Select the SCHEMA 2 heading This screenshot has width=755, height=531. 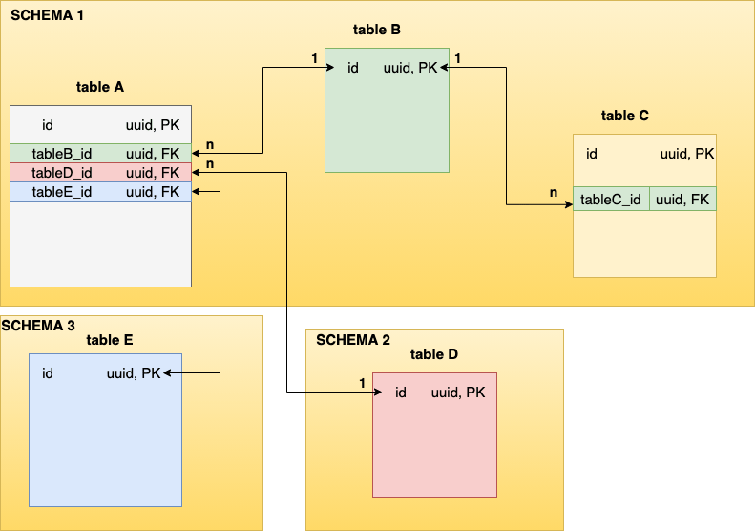pos(352,339)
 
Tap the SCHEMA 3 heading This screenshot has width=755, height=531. pos(38,325)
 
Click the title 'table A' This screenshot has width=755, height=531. pos(100,87)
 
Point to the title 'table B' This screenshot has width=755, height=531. pos(376,30)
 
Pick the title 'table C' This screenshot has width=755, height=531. pos(624,116)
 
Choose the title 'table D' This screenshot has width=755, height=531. pos(434,354)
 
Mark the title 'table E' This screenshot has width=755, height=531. pos(110,340)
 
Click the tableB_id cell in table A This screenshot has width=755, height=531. pos(62,153)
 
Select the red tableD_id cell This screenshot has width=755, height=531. pos(62,172)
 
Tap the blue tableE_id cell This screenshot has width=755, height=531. pos(62,191)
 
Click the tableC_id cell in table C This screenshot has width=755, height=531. pos(611,200)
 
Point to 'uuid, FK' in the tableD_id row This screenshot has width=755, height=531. pos(153,172)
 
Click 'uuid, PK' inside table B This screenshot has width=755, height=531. pos(410,68)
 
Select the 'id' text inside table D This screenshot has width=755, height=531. pos(401,393)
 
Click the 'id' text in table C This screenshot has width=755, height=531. pos(592,154)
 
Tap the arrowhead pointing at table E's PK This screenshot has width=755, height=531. pos(168,373)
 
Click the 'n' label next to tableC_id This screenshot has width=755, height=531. pos(553,193)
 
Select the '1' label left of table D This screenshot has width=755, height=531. pos(362,383)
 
